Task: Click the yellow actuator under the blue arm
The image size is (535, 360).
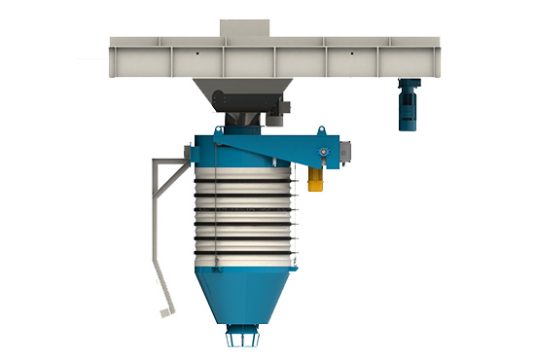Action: [x=316, y=175]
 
